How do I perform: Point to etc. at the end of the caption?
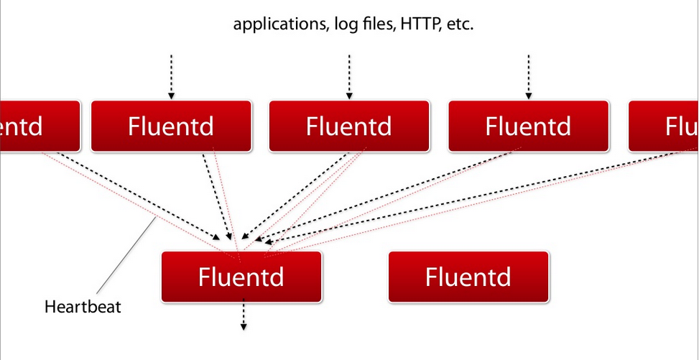(x=458, y=24)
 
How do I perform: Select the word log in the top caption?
(x=344, y=25)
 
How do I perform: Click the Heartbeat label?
(x=83, y=308)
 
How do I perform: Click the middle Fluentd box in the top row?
(x=349, y=126)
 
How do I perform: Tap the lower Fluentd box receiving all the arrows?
(x=241, y=277)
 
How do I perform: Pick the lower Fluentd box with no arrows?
(x=468, y=277)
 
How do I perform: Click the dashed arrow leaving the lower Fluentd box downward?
(x=244, y=316)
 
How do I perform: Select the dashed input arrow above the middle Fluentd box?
(x=349, y=75)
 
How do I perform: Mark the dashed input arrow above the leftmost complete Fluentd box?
(x=171, y=75)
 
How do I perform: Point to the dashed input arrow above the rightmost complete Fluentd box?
(x=529, y=75)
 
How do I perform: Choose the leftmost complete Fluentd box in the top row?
(x=171, y=126)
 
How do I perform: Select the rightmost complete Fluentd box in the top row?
(x=529, y=126)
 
